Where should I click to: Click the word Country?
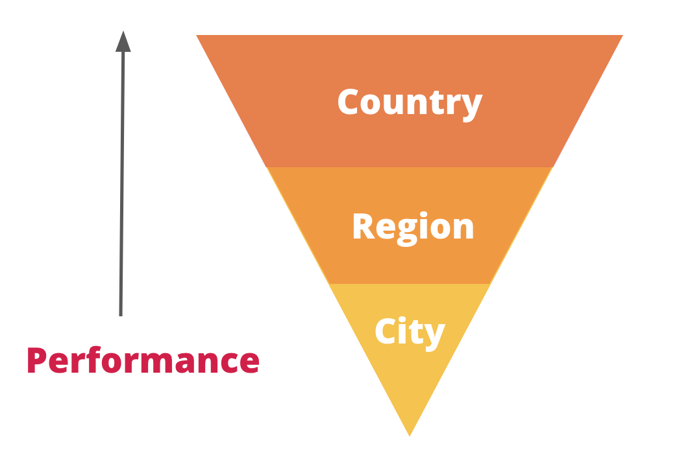pos(410,102)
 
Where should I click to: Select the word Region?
pos(413,227)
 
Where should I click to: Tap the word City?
pos(410,332)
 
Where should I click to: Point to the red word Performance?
pos(143,360)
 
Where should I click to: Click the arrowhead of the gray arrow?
pos(123,41)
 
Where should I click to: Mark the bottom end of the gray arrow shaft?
pos(121,314)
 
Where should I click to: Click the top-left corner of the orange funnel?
pos(197,36)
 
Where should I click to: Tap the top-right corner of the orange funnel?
pos(622,36)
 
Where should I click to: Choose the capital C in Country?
pos(350,102)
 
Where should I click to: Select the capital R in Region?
pos(363,227)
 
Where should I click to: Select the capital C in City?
pos(387,332)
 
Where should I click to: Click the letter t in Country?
pos(432,102)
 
